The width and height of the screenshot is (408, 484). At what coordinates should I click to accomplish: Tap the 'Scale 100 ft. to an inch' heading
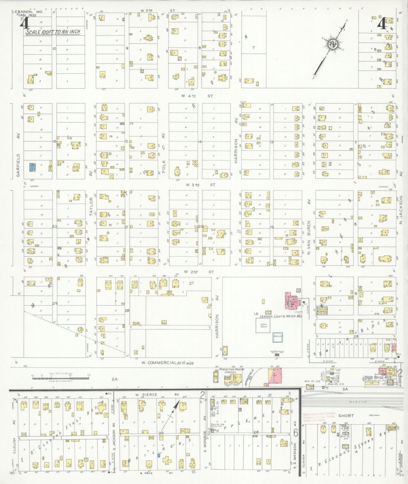coord(53,32)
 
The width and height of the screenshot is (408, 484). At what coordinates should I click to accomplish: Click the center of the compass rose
coord(332,44)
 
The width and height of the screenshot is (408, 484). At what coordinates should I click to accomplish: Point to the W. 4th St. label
coord(197,96)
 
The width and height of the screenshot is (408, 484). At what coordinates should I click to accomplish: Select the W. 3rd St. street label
coord(200,185)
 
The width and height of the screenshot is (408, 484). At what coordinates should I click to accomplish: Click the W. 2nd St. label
coord(199,272)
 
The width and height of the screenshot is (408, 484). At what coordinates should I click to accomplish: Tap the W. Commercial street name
coord(167,363)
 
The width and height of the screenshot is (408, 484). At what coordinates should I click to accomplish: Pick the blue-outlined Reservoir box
coord(278,337)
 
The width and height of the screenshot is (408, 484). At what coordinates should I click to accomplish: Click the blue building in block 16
coord(32,167)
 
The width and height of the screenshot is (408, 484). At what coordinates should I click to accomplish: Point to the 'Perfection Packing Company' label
coord(232,371)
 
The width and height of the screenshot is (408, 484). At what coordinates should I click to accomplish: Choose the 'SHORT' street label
coord(346,416)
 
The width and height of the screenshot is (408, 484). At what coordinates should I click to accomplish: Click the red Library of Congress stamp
coord(319,417)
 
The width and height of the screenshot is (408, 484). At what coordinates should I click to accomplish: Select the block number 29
coord(54,303)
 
